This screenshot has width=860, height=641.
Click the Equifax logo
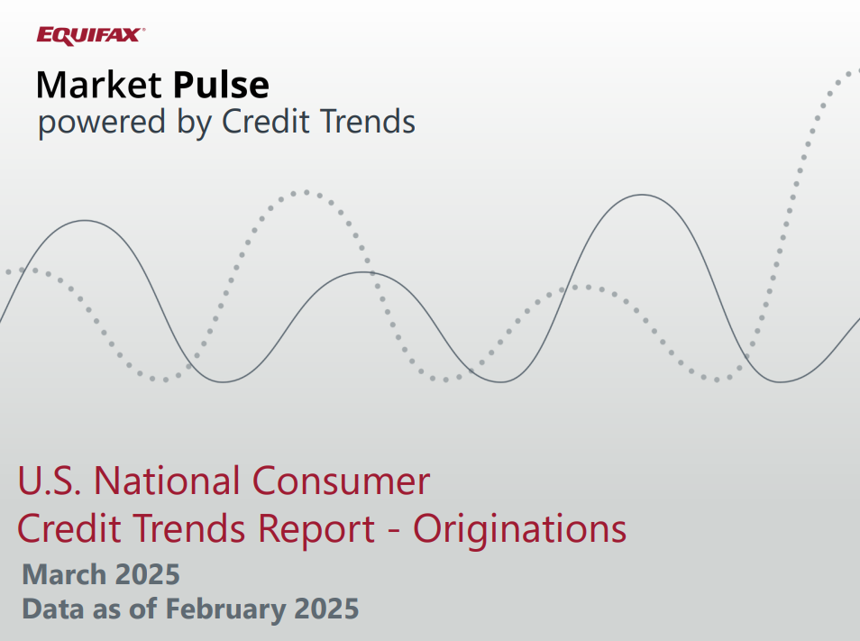coord(90,36)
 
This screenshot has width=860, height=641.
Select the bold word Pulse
coord(221,85)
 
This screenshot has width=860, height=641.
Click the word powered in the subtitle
coord(102,123)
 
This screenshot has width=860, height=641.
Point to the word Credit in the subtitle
coord(265,121)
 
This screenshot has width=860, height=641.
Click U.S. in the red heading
coord(50,481)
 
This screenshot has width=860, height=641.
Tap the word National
coord(167,481)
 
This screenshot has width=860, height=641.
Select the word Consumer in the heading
coord(341,481)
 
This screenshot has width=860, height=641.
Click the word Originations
coord(519,529)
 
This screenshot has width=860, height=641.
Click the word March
coord(64,574)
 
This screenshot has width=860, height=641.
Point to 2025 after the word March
coord(148,574)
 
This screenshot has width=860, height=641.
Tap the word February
coord(224,609)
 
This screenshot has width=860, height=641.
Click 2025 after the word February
coord(326,609)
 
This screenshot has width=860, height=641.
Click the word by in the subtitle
coord(194,123)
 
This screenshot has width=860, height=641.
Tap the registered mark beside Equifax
coord(143,31)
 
